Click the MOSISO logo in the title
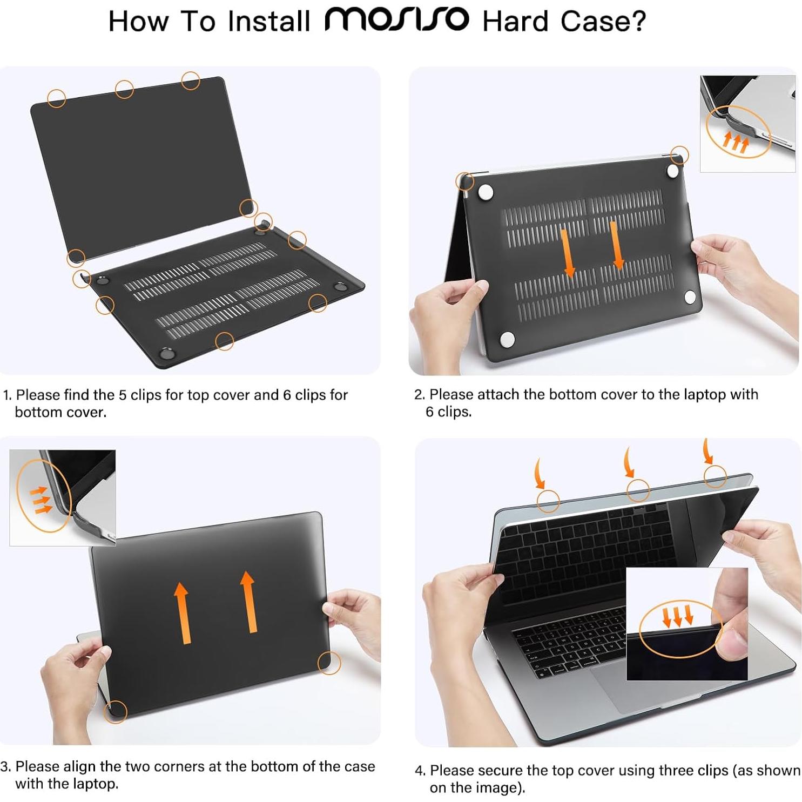point(396,20)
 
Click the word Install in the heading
point(268,22)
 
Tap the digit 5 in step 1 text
point(123,395)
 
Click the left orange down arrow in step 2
point(568,253)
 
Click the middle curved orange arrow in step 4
point(628,463)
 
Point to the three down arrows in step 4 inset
point(677,616)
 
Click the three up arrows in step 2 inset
point(736,142)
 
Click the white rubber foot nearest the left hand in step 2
point(507,339)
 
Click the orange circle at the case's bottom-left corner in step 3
point(115,711)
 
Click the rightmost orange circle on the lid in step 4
point(715,476)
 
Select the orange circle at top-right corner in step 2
point(679,156)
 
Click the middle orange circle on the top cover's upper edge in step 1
point(124,89)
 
